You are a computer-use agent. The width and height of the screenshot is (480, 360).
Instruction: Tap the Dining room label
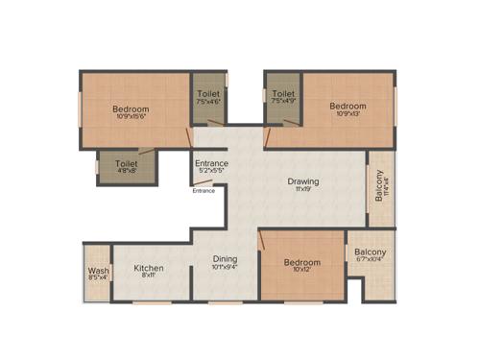pyautogui.click(x=226, y=258)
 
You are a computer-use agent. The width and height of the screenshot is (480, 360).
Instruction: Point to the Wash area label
pyautogui.click(x=97, y=270)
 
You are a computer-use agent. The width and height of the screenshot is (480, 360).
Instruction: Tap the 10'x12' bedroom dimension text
pyautogui.click(x=301, y=270)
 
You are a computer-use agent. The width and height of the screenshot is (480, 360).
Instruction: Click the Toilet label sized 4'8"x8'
pyautogui.click(x=126, y=164)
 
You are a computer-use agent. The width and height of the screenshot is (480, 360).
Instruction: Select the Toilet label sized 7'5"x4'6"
pyautogui.click(x=207, y=94)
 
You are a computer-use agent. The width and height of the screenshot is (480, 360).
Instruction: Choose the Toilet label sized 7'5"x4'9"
pyautogui.click(x=282, y=94)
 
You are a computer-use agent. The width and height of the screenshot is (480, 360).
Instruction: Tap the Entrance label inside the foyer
pyautogui.click(x=211, y=163)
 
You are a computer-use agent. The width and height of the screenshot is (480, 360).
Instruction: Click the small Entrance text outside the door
pyautogui.click(x=204, y=190)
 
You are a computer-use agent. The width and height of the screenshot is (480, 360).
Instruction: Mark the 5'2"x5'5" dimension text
pyautogui.click(x=211, y=173)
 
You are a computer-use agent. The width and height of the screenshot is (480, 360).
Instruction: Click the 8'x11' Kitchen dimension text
pyautogui.click(x=149, y=276)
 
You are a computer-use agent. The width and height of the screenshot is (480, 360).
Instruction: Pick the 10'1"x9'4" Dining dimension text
pyautogui.click(x=226, y=268)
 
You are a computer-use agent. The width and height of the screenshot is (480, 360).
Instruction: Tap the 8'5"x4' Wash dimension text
pyautogui.click(x=97, y=278)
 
